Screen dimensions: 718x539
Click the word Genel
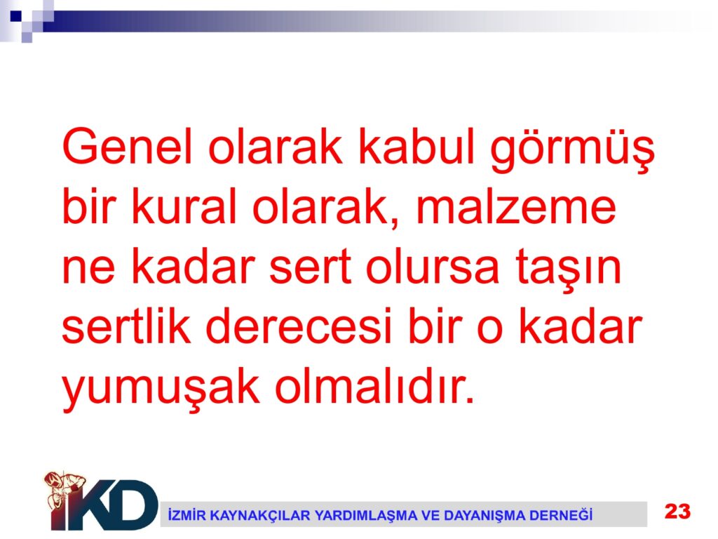(x=128, y=146)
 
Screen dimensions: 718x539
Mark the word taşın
(x=568, y=268)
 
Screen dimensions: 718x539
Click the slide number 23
(x=678, y=511)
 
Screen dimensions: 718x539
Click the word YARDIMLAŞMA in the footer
(x=366, y=516)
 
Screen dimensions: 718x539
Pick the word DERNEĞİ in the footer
(x=561, y=515)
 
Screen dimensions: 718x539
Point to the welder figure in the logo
(x=64, y=494)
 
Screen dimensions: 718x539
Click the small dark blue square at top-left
(x=16, y=17)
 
